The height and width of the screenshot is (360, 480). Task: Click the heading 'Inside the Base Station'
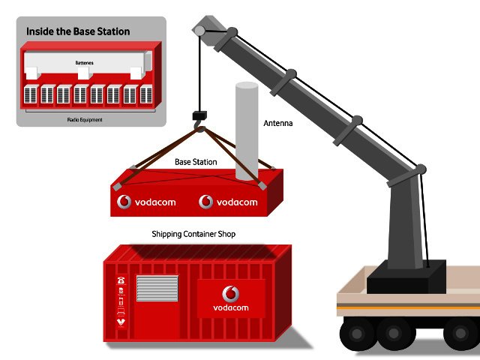click(x=78, y=31)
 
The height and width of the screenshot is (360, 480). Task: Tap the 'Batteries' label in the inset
click(x=84, y=64)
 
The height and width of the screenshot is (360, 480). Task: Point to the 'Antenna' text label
click(x=277, y=123)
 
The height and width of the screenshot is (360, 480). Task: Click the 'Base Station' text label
click(x=196, y=162)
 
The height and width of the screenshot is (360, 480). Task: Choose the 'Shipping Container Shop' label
click(x=193, y=235)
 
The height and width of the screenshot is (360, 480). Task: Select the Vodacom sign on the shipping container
click(x=231, y=298)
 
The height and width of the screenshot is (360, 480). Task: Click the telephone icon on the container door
click(x=120, y=281)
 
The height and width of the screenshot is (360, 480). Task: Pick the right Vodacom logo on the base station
click(x=229, y=202)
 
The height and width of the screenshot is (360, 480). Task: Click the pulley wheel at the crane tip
click(x=199, y=31)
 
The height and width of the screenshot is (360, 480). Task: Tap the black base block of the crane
click(x=405, y=278)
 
